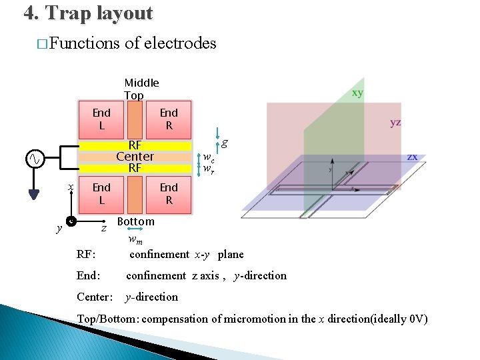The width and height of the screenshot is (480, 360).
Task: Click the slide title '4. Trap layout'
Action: pos(88,13)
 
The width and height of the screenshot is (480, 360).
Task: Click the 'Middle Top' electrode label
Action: pos(141,89)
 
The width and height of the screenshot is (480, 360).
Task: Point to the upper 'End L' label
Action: pos(101,119)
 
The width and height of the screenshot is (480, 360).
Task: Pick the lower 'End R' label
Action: pos(169,193)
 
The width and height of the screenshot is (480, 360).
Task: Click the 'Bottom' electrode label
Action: pos(135,221)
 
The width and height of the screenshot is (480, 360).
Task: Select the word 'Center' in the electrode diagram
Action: pos(135,157)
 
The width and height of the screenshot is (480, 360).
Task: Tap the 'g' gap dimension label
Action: pos(225,141)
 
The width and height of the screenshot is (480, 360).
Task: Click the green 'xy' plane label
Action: pos(357,93)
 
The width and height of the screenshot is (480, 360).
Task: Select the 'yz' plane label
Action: pos(395,122)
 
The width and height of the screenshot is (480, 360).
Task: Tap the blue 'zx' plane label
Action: pos(413,156)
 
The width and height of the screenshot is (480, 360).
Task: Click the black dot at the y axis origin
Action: pos(71,221)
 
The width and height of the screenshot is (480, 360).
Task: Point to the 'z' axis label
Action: pos(103,229)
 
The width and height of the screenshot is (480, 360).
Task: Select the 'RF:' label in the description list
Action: pos(86,254)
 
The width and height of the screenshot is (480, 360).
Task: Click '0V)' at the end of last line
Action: pos(417,319)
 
